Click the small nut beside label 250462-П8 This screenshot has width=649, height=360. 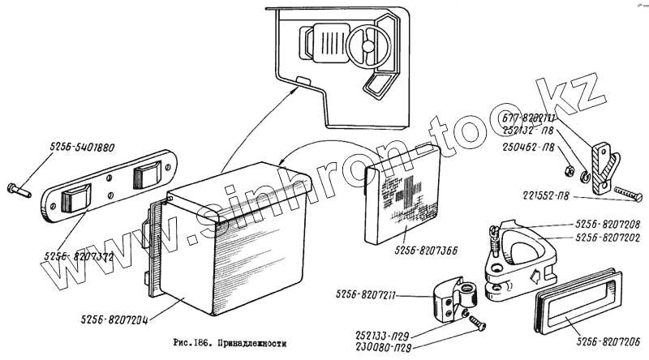coord(567,171)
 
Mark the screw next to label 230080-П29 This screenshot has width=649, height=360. coord(478,324)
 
